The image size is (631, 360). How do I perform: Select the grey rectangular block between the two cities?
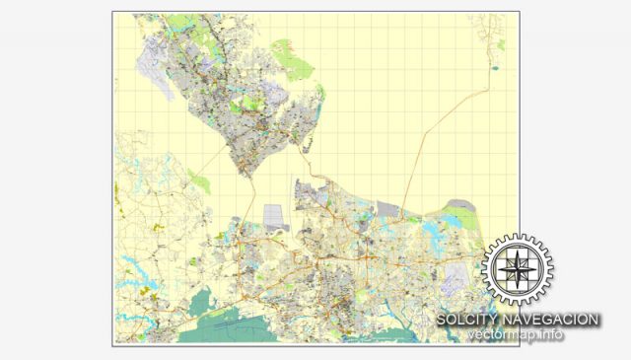pyautogui.click(x=275, y=216)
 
